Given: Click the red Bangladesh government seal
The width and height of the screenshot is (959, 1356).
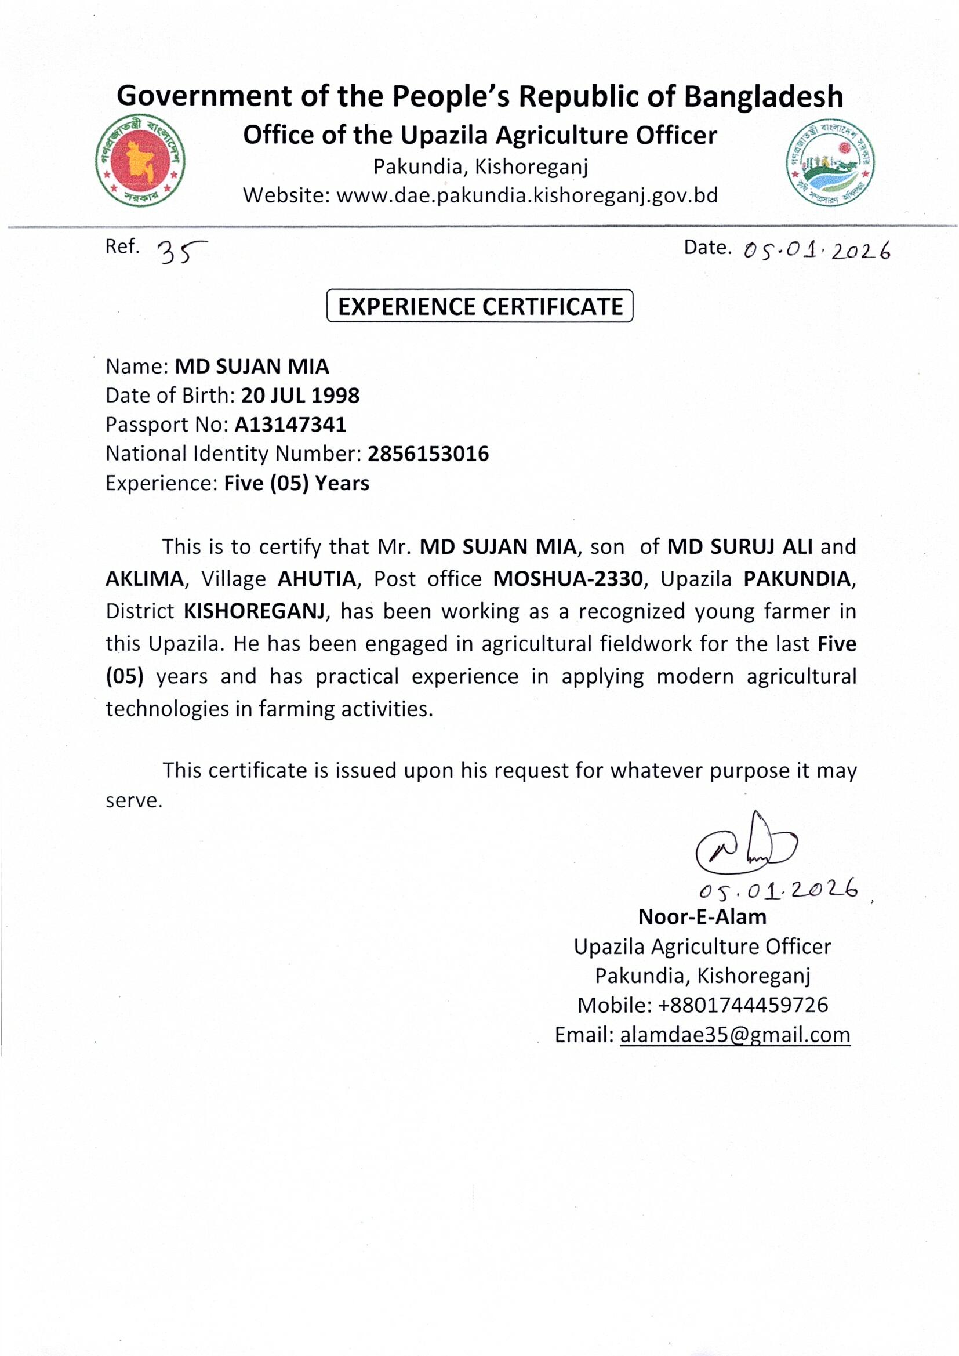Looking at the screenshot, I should click(x=140, y=161).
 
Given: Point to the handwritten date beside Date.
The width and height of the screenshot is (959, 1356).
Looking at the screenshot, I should click(x=817, y=252).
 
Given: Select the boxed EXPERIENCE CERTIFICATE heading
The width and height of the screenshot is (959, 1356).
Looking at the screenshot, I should click(x=479, y=306).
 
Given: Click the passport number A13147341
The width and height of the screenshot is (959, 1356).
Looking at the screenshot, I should click(x=290, y=425).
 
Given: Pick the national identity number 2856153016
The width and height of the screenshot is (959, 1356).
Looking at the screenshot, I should click(x=428, y=454).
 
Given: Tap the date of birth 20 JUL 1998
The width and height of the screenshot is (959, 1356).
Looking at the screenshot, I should click(x=300, y=395).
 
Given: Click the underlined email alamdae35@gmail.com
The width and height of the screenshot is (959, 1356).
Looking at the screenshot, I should click(x=735, y=1035).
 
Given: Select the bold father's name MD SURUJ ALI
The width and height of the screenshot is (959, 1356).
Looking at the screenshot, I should click(x=740, y=546).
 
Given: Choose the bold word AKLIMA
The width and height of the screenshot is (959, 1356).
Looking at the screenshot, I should click(x=145, y=579).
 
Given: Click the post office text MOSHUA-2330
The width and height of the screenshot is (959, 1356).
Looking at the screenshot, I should click(x=567, y=579).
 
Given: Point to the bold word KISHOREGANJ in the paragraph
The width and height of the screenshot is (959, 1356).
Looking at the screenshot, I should click(x=254, y=611).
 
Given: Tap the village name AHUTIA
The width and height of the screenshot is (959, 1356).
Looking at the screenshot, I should click(x=317, y=579).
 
